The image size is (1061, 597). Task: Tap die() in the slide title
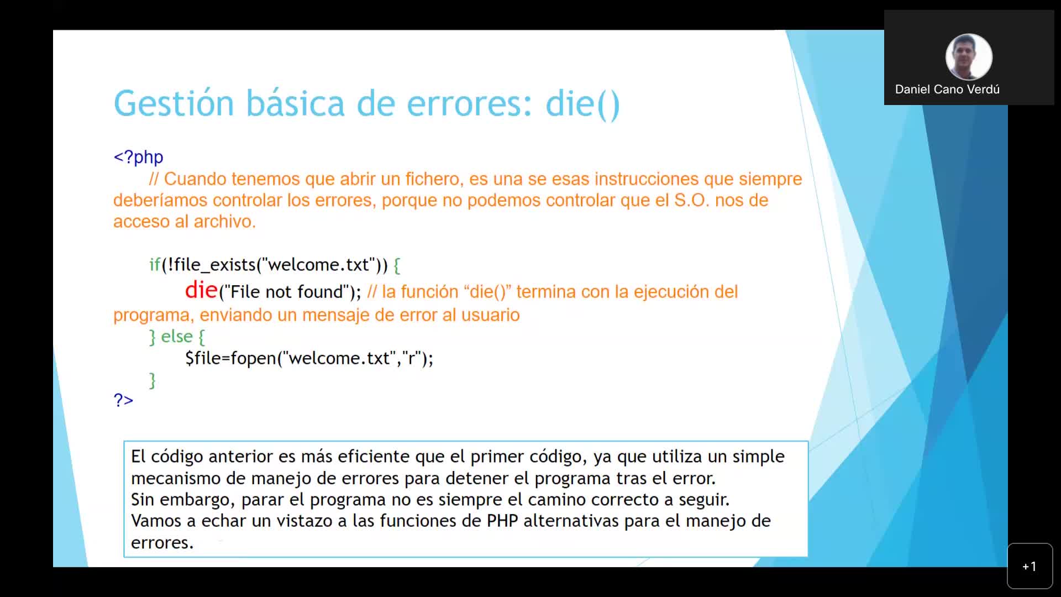tap(582, 104)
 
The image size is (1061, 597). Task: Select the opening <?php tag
tap(138, 158)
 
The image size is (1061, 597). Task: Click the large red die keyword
tap(201, 290)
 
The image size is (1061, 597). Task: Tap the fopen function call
tap(253, 358)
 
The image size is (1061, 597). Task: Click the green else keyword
tap(177, 337)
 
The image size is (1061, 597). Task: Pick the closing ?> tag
tap(123, 400)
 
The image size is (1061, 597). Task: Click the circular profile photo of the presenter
tap(968, 57)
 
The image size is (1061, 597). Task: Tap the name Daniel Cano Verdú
tap(947, 90)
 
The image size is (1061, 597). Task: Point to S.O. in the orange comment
tap(691, 200)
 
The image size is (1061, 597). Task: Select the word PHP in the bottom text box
tap(502, 521)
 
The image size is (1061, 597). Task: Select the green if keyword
tap(155, 265)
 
